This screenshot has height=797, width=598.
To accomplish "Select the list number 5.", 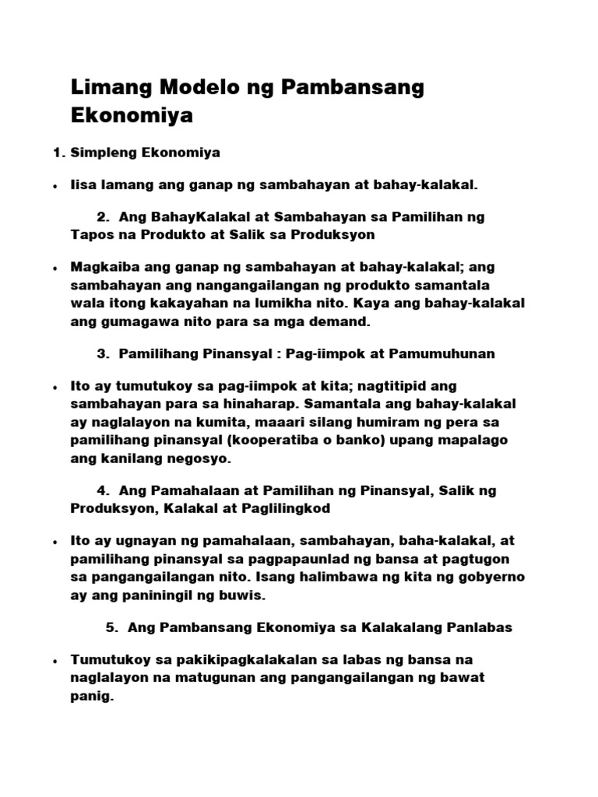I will click(x=110, y=627).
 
